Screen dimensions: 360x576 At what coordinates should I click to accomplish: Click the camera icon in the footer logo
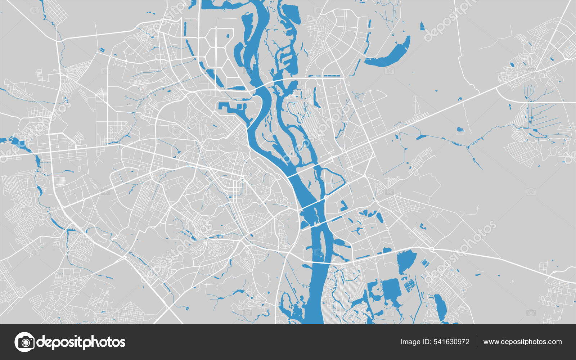24,342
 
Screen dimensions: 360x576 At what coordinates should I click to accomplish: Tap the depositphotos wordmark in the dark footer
81,342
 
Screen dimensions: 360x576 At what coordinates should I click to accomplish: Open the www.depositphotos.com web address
522,342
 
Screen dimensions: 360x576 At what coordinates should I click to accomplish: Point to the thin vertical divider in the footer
476,342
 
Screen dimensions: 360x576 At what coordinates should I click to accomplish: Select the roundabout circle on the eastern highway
431,249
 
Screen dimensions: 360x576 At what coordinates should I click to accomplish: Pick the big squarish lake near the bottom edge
391,290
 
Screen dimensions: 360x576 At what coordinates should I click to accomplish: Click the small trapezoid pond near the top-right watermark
422,26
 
